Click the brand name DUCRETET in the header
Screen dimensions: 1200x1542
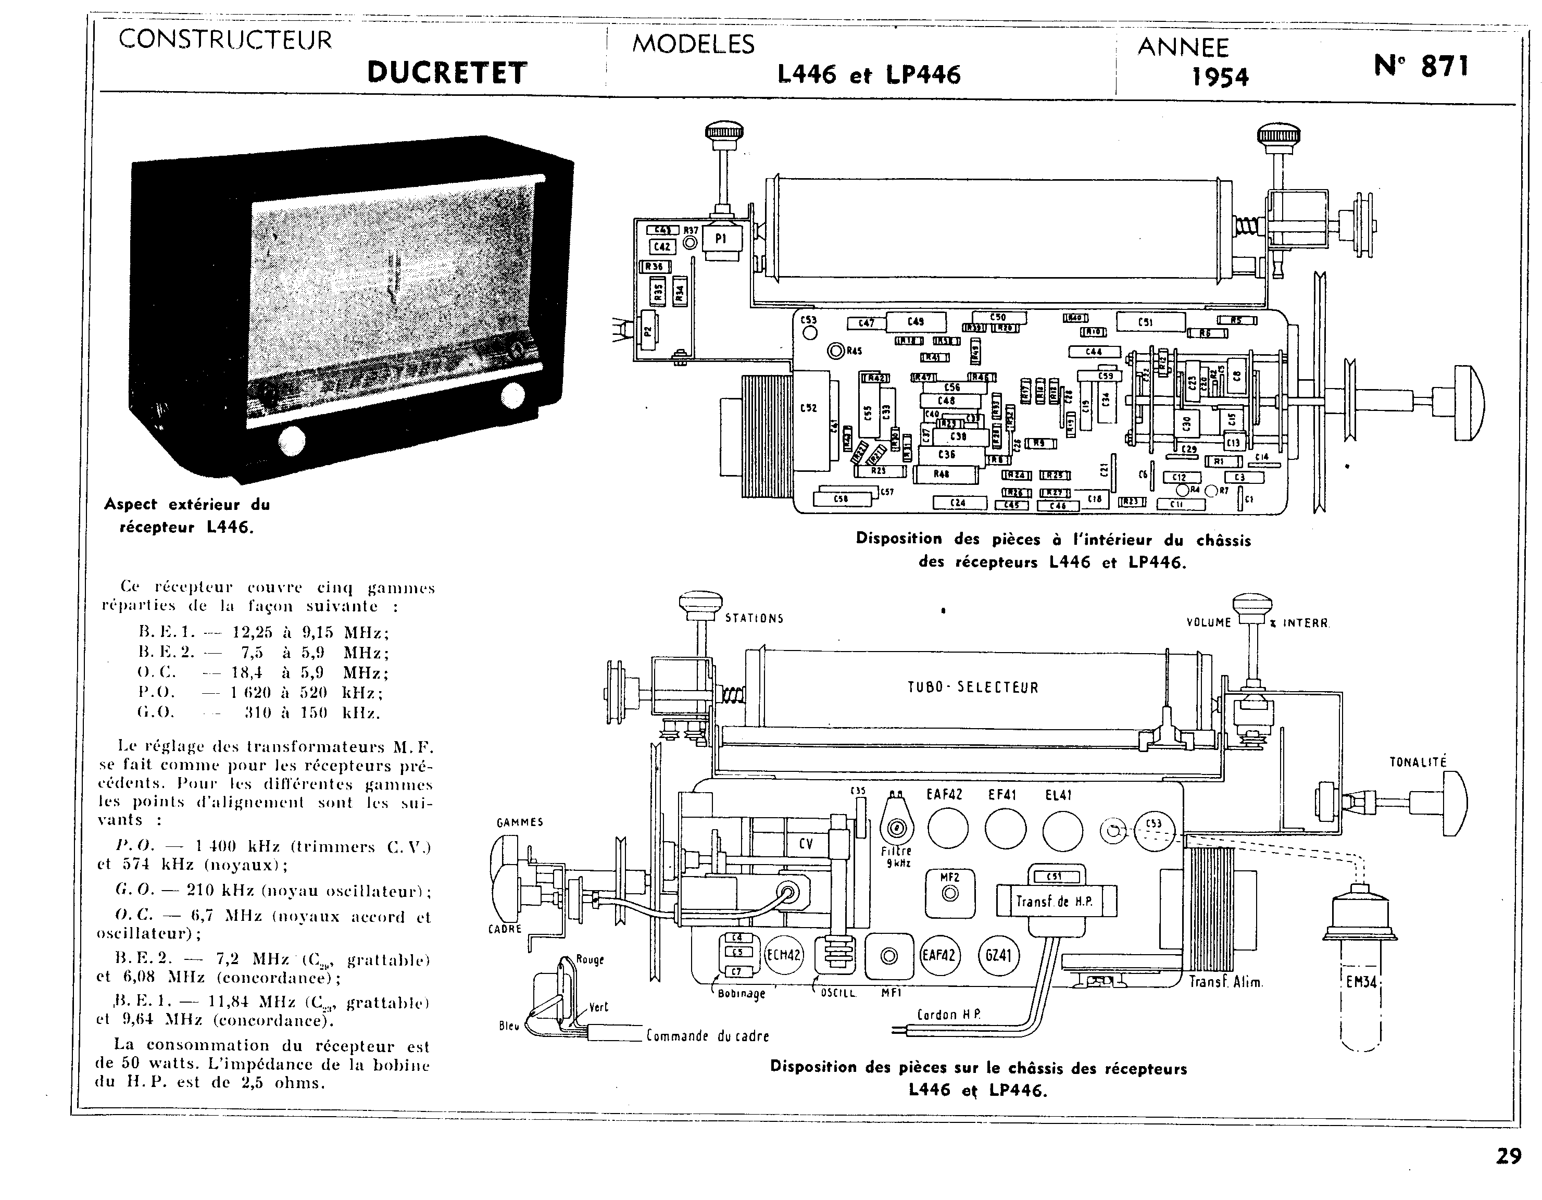click(x=447, y=73)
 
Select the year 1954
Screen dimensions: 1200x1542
click(x=1220, y=76)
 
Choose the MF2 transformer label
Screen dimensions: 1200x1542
click(x=950, y=878)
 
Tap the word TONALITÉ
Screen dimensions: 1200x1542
click(x=1418, y=762)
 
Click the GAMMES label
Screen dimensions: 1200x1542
click(x=520, y=822)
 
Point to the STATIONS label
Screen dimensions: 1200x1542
click(x=754, y=619)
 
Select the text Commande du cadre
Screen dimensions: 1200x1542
click(x=707, y=1036)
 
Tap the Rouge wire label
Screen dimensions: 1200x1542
click(x=590, y=959)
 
